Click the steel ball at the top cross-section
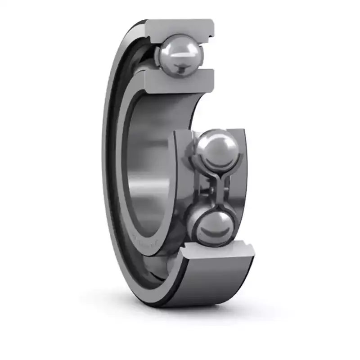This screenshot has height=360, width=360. (x=179, y=55)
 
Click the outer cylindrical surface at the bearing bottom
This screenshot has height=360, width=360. (x=211, y=283)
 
